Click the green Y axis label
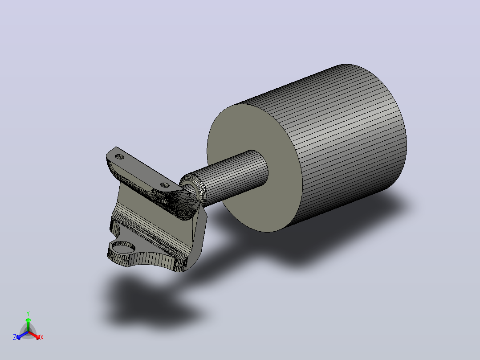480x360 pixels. click(x=28, y=313)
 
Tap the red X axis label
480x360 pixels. click(x=42, y=337)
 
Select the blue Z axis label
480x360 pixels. click(x=15, y=337)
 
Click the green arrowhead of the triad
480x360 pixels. click(x=28, y=320)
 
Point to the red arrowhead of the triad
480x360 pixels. click(x=37, y=337)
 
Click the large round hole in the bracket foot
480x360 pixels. click(x=124, y=247)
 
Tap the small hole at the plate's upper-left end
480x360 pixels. click(x=119, y=157)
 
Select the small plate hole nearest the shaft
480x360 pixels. click(x=165, y=185)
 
